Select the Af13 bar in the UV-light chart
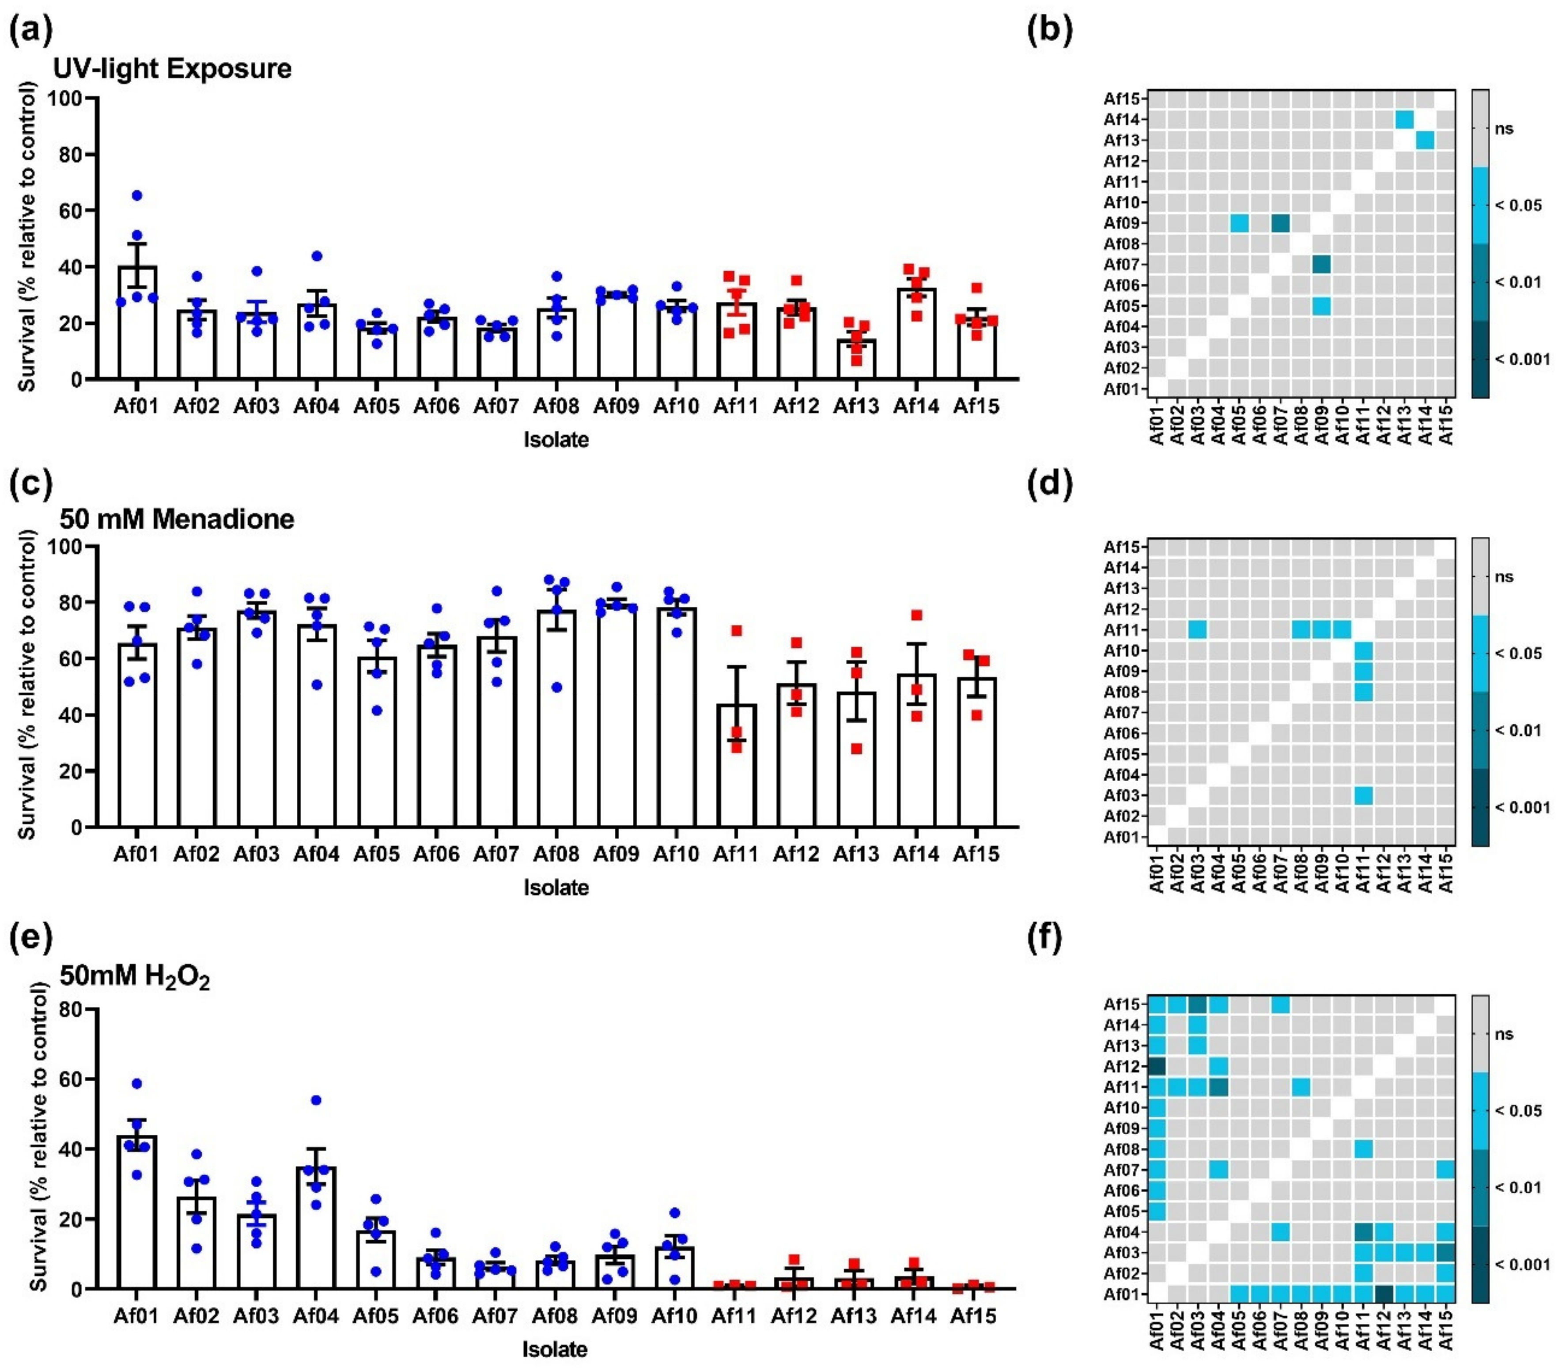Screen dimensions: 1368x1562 coord(856,359)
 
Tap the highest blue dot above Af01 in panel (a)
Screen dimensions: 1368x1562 coord(136,195)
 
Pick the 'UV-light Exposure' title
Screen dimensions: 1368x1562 coord(173,68)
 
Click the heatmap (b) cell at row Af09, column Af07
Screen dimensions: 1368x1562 coord(1280,223)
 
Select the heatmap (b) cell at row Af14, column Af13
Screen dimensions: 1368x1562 coord(1405,119)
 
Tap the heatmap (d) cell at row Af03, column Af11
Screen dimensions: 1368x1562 coord(1364,795)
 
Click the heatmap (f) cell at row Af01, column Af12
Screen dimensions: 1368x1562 coord(1384,1294)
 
